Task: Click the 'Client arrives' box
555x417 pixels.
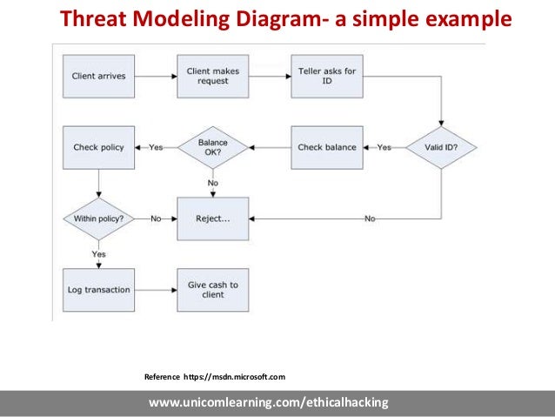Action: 98,77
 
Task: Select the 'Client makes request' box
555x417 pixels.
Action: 212,77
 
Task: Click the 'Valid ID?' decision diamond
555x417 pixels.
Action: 441,147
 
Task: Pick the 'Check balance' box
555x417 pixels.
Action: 326,147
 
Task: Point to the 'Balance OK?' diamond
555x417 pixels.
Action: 212,147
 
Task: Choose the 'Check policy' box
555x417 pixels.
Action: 98,147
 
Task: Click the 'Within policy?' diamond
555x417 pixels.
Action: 98,218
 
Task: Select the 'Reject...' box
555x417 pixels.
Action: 212,218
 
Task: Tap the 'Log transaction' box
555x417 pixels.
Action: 98,289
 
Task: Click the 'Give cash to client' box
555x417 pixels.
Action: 212,289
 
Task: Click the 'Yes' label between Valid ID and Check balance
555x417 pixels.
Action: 384,147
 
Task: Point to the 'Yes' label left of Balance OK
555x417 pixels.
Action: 156,147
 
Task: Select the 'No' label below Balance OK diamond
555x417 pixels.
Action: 212,183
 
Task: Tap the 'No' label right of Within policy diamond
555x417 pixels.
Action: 156,218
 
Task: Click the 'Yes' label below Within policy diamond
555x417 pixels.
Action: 98,253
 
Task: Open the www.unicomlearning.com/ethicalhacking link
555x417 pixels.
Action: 268,402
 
